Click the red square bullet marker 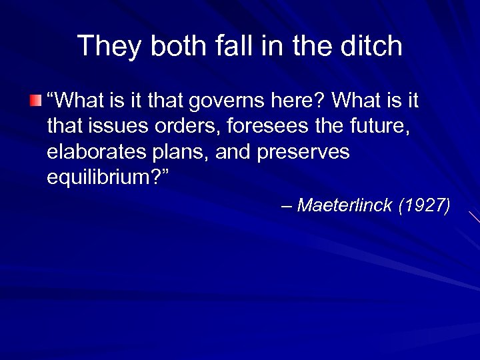(35, 101)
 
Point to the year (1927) (424, 205)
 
